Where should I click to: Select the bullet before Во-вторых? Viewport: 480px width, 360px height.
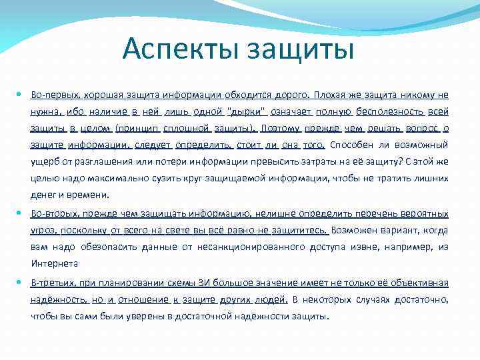pyautogui.click(x=23, y=213)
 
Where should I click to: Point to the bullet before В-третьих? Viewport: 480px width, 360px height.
pyautogui.click(x=23, y=282)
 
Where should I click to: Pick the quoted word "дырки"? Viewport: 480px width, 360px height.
pyautogui.click(x=247, y=111)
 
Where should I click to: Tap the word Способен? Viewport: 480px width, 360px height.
pyautogui.click(x=351, y=145)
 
